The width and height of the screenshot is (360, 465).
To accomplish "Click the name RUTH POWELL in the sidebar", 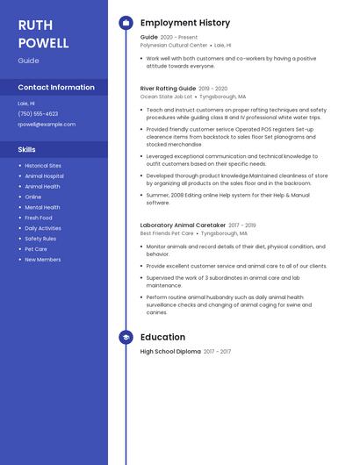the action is [43, 33].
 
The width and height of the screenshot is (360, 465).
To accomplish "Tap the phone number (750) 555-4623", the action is [38, 113].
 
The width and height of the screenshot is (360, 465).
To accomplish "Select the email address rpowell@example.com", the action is [47, 124].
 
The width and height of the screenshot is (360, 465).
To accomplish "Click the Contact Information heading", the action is [56, 87].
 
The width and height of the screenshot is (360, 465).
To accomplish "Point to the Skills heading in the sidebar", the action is [27, 149].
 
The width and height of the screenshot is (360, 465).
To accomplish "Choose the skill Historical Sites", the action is [43, 166].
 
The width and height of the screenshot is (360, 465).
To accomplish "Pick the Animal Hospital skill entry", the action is [44, 176].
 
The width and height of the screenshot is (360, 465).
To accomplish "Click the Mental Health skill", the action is [42, 207].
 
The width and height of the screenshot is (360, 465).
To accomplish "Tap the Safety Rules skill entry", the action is [40, 239].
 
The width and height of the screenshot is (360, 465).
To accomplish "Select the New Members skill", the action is [42, 260].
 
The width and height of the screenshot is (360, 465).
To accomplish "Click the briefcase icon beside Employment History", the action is [126, 23].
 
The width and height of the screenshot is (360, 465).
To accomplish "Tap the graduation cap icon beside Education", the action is [126, 337].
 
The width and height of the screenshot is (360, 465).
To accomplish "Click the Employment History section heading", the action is [185, 23].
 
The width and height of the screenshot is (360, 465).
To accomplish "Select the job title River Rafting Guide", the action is [168, 89].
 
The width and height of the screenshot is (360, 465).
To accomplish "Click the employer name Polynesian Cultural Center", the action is [174, 45].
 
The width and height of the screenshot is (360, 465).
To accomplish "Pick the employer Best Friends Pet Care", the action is [167, 233].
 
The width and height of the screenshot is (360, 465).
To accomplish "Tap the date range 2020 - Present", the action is [179, 38].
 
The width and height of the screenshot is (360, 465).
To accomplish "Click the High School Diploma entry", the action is [170, 352].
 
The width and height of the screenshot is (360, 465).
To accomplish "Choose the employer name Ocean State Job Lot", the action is [166, 97].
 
